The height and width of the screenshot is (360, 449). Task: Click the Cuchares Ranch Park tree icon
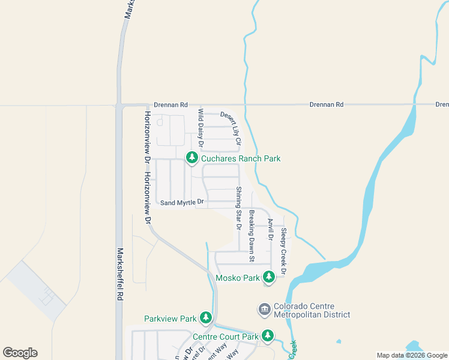[x=192, y=158]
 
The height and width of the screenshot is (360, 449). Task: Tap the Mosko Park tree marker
[x=269, y=277]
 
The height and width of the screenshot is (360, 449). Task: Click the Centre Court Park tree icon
[x=268, y=337]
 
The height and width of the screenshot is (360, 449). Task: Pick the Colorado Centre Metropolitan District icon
[x=265, y=310]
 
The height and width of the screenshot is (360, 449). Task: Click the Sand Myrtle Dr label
[x=183, y=203]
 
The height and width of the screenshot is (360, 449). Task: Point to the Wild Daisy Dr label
[x=202, y=129]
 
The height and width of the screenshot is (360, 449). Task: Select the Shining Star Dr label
[x=238, y=209]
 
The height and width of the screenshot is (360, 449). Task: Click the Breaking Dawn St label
[x=252, y=236]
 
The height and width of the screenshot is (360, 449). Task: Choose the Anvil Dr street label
[x=271, y=229]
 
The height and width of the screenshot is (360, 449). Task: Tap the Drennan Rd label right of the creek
[x=327, y=104]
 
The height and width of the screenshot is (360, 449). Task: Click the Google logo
[x=20, y=353]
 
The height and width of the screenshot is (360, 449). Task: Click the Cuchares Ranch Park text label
[x=241, y=158]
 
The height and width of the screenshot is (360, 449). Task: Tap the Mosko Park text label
[x=238, y=278]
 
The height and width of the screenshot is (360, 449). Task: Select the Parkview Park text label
[x=170, y=318]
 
